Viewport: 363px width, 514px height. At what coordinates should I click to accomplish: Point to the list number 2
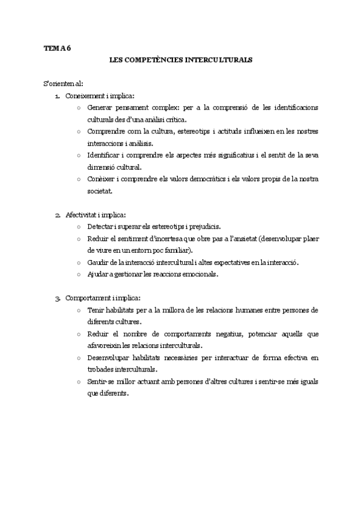click(x=57, y=215)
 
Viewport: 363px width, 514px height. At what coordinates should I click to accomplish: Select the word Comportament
click(x=87, y=298)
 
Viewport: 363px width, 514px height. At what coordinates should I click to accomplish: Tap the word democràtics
click(x=209, y=179)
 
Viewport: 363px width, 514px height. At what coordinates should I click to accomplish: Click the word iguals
click(x=306, y=381)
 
